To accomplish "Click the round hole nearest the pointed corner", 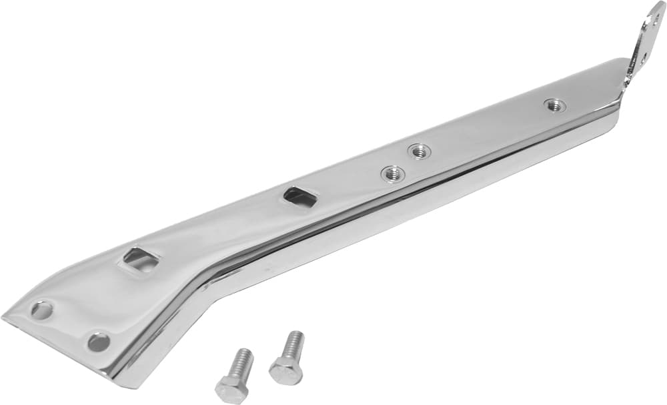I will (x=41, y=310).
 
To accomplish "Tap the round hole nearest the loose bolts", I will (x=99, y=341).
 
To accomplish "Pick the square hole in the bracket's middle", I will (x=299, y=196).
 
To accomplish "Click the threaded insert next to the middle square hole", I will (x=393, y=174).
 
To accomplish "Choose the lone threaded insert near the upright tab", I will (x=554, y=105).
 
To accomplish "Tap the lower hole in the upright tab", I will (x=642, y=58).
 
